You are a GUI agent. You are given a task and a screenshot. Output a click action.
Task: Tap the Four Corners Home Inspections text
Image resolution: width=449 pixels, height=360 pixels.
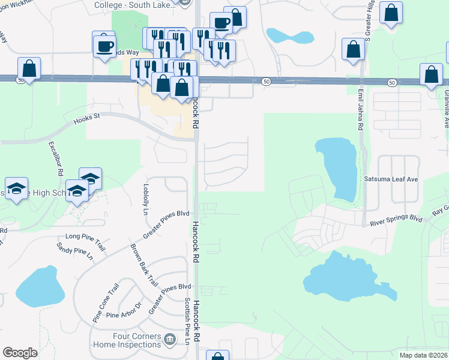coord(125,341)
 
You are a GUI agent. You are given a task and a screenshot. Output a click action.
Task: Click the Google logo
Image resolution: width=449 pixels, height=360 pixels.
coord(20,353)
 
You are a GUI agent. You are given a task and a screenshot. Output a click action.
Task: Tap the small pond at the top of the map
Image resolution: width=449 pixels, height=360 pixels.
coord(289,36)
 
